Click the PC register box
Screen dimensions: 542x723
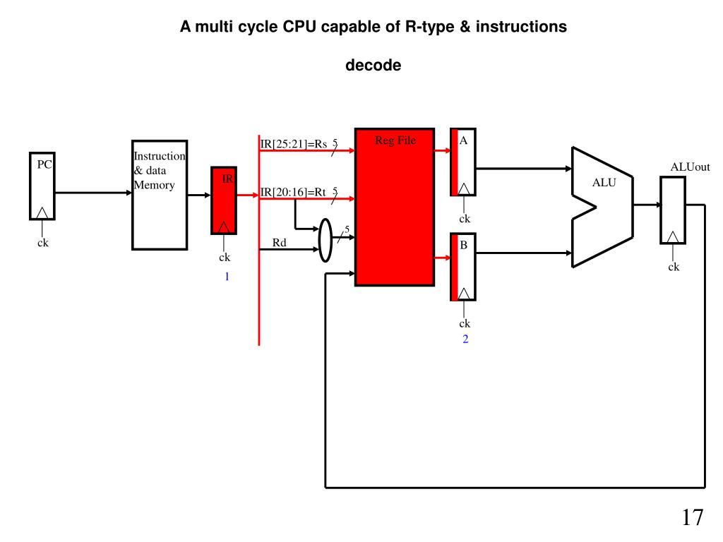(42, 186)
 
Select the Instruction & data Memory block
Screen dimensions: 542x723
(160, 195)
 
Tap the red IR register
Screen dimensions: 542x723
(224, 200)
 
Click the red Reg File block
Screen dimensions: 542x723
(394, 207)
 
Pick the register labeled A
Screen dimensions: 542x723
(463, 162)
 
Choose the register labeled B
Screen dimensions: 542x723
(463, 266)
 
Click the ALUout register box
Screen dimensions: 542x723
(672, 210)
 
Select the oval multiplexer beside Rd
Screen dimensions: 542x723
(325, 240)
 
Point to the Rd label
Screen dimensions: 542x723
(280, 243)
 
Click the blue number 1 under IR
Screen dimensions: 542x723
(227, 277)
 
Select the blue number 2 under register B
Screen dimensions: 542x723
(465, 339)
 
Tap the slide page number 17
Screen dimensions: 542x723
(693, 518)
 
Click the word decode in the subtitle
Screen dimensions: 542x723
(373, 66)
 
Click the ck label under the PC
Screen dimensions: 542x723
(43, 243)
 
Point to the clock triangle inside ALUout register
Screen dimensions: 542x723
(674, 236)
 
